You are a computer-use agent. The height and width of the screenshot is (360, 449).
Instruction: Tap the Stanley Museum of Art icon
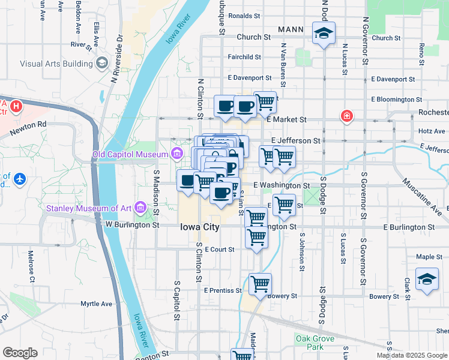[141, 208]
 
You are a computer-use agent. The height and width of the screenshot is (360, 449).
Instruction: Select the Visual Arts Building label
[56, 63]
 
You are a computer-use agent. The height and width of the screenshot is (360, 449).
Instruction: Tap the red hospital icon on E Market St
[346, 116]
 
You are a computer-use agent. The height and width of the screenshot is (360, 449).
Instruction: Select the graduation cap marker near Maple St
[427, 279]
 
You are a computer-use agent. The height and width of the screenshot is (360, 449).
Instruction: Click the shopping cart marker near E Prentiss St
[260, 283]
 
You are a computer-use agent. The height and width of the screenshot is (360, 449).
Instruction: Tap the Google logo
[20, 352]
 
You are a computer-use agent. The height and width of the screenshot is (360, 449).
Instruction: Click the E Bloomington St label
[396, 99]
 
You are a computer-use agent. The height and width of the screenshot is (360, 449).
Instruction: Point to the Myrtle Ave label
[97, 304]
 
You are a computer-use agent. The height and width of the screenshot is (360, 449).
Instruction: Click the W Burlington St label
[133, 226]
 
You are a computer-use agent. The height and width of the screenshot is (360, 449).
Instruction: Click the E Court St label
[219, 249]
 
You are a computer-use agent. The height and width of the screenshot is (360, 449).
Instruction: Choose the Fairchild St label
[244, 57]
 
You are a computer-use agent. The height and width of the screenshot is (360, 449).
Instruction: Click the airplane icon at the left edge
[20, 178]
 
